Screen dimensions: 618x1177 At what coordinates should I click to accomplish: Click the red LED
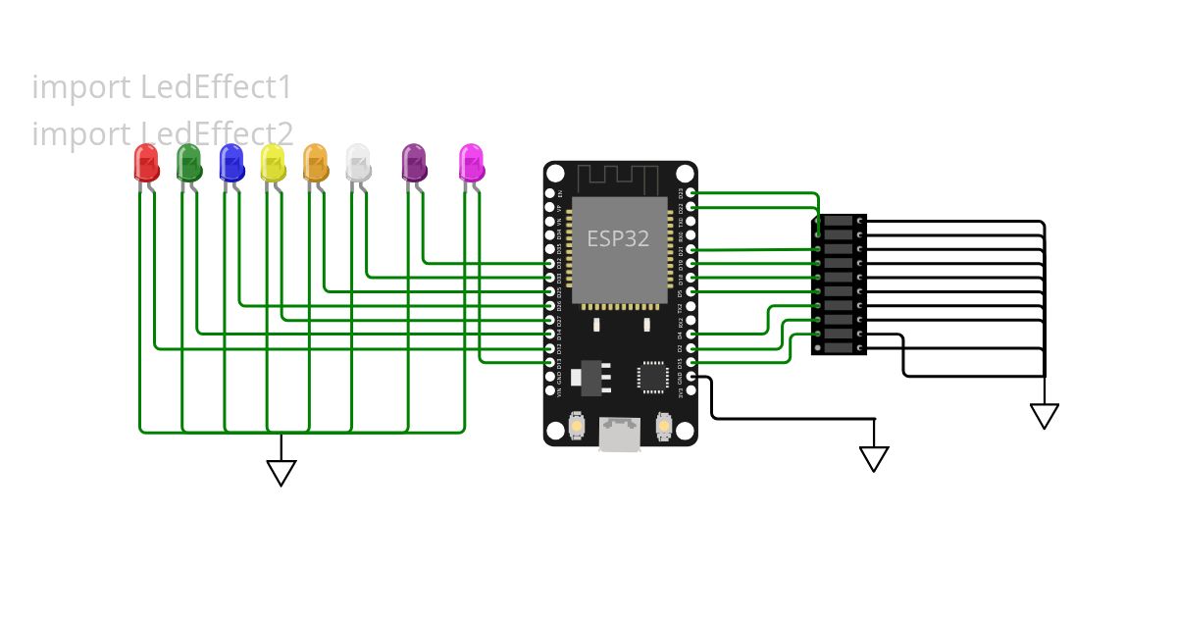pyautogui.click(x=146, y=163)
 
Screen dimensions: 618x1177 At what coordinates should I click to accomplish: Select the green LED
pyautogui.click(x=188, y=163)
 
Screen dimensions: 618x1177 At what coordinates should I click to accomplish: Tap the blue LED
pyautogui.click(x=231, y=163)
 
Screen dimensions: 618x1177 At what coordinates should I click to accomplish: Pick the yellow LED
pyautogui.click(x=273, y=163)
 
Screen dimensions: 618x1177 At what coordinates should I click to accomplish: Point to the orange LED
pyautogui.click(x=315, y=163)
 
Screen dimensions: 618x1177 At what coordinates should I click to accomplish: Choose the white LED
pyautogui.click(x=358, y=163)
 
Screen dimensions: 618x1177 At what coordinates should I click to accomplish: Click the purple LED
pyautogui.click(x=414, y=163)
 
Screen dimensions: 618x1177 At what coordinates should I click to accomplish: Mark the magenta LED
pyautogui.click(x=472, y=163)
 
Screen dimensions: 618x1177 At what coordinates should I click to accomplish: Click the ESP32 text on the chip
pyautogui.click(x=618, y=238)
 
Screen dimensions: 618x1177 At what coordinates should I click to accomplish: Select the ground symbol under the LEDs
pyautogui.click(x=281, y=473)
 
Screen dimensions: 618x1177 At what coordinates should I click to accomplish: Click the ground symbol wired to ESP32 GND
pyautogui.click(x=874, y=458)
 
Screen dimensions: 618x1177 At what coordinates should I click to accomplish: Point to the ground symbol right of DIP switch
pyautogui.click(x=1045, y=416)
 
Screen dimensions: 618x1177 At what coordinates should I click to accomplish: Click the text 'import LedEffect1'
pyautogui.click(x=162, y=87)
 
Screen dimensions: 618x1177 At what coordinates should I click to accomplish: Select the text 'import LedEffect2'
pyautogui.click(x=162, y=133)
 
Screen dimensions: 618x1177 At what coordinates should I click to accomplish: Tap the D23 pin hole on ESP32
pyautogui.click(x=691, y=193)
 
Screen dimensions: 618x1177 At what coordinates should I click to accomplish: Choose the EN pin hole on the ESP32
pyautogui.click(x=550, y=193)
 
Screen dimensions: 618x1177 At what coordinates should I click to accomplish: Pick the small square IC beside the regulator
pyautogui.click(x=653, y=376)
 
